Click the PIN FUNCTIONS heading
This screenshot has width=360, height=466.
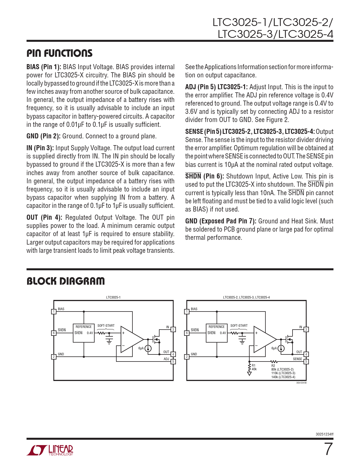[59, 53]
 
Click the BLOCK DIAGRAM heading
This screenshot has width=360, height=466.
[66, 281]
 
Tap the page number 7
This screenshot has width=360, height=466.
[328, 449]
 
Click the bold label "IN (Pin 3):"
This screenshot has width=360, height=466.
[40, 148]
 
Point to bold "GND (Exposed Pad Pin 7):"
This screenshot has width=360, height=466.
[221, 221]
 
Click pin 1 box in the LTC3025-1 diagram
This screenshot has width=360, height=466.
[54, 312]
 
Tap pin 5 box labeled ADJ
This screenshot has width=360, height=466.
[173, 362]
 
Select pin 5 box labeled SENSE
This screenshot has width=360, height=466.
[306, 362]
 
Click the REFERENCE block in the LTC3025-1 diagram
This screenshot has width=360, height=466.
[84, 333]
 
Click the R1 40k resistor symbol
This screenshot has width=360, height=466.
[249, 367]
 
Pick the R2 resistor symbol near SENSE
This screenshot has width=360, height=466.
[274, 362]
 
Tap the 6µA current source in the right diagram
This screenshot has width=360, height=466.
[281, 349]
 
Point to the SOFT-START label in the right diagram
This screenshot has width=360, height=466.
[239, 326]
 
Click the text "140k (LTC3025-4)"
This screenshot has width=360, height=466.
[283, 377]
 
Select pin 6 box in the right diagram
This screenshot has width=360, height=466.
[187, 333]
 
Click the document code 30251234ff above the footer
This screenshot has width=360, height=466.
[324, 434]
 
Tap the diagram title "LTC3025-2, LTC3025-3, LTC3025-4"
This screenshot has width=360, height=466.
[246, 297]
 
